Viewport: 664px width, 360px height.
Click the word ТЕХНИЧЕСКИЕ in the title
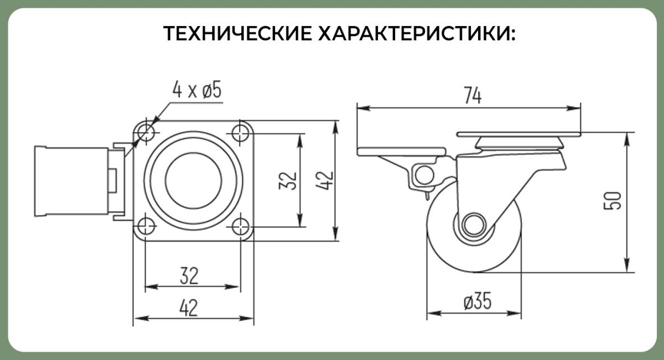(237, 33)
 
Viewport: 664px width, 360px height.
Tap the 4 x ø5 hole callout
(197, 90)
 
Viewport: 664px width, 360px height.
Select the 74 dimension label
(473, 96)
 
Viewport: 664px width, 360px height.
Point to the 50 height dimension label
(613, 201)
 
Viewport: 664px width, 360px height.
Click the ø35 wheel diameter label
(477, 301)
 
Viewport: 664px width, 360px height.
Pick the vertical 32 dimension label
(288, 181)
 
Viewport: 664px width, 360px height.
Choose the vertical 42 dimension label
(325, 181)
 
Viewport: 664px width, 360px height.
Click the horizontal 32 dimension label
(189, 276)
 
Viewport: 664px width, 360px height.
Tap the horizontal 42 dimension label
(189, 308)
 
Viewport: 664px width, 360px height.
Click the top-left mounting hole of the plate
(146, 133)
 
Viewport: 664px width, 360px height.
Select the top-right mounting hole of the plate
(240, 133)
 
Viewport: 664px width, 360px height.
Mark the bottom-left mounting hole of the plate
(146, 227)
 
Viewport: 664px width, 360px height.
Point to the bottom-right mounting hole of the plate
(240, 227)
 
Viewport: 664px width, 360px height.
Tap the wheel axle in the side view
(474, 225)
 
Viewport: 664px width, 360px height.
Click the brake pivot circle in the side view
(424, 175)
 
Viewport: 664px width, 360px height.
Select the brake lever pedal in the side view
(401, 152)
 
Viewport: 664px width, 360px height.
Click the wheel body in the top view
(71, 181)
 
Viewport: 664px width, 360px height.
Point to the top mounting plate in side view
(518, 134)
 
